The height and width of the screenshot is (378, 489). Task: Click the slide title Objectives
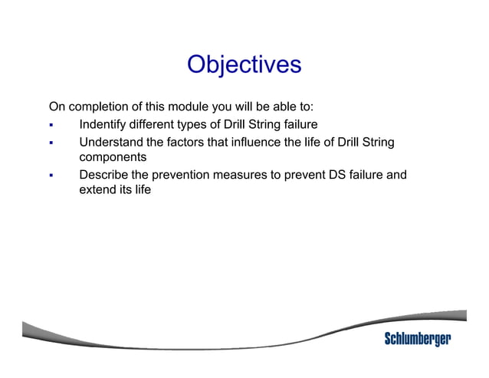244,64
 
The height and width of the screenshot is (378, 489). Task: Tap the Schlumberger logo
417,339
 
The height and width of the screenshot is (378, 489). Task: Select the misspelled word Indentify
104,125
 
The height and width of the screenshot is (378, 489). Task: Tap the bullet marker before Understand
51,143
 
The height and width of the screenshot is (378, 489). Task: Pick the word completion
97,105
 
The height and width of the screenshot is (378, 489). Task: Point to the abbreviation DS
337,176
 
